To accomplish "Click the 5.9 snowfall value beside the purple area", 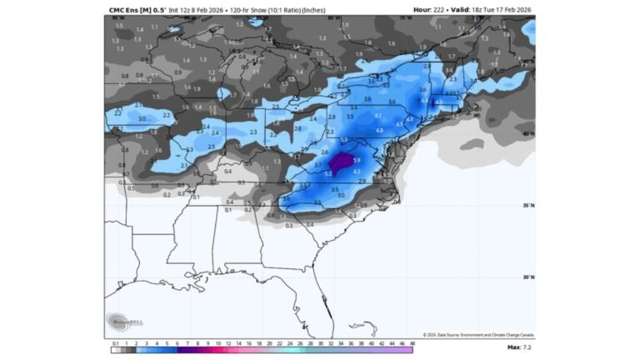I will [x=356, y=160].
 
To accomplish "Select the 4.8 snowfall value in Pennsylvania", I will [x=379, y=131].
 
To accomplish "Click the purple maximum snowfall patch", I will [x=342, y=162].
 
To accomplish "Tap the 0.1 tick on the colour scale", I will [x=115, y=342].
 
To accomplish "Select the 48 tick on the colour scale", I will [x=412, y=342].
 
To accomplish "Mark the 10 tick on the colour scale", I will [x=218, y=342].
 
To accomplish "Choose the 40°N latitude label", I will [x=527, y=133].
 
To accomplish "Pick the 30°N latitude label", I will [x=527, y=277].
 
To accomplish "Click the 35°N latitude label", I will [x=527, y=206].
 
